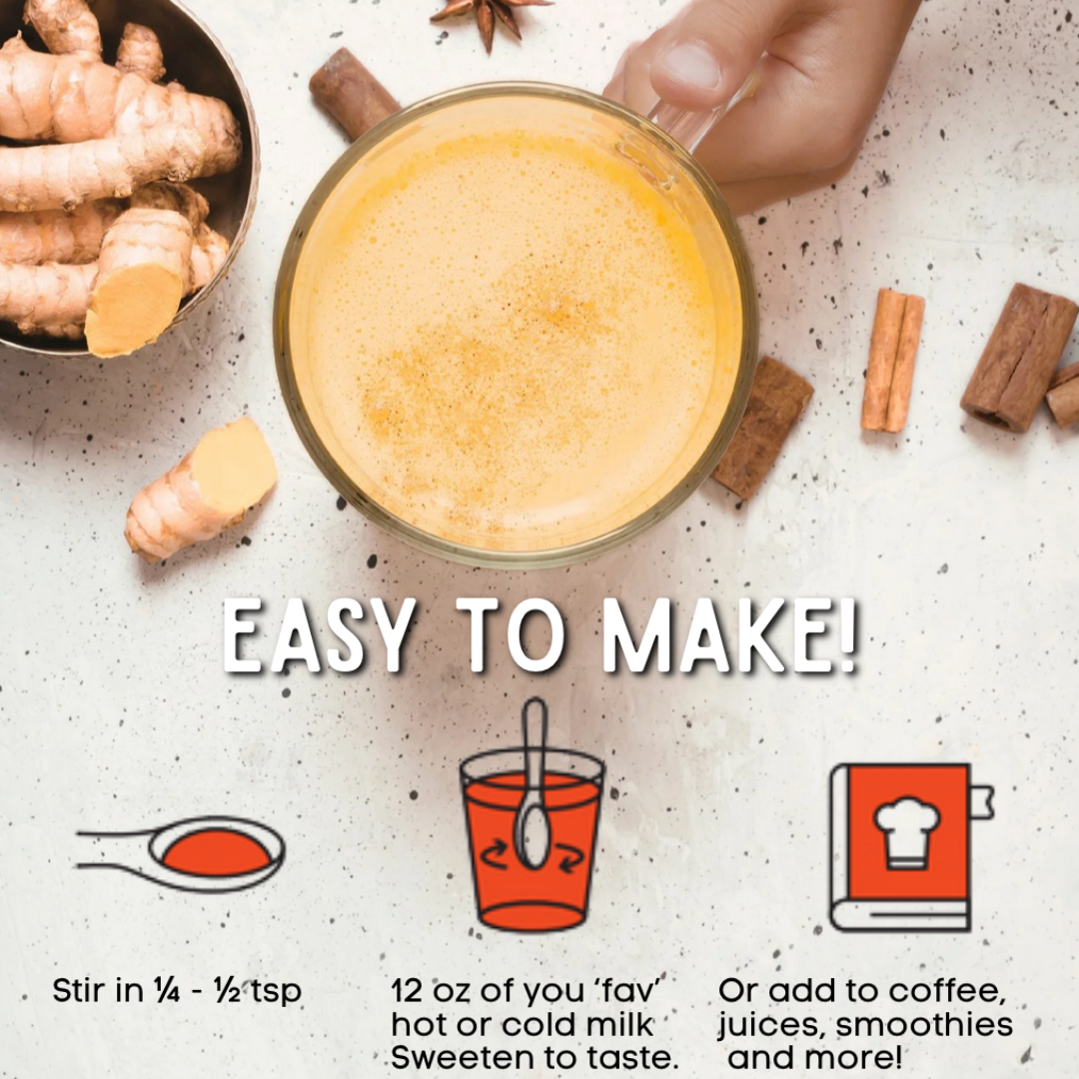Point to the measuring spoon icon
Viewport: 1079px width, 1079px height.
click(x=180, y=853)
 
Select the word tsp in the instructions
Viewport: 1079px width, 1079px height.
click(x=277, y=992)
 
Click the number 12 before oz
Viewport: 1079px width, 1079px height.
click(x=406, y=991)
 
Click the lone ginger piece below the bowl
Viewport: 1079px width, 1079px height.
click(x=201, y=489)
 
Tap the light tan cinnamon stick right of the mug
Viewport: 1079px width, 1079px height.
click(x=893, y=361)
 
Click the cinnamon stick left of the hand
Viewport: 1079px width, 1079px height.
click(x=353, y=92)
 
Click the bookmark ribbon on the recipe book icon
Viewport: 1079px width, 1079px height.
click(x=982, y=801)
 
